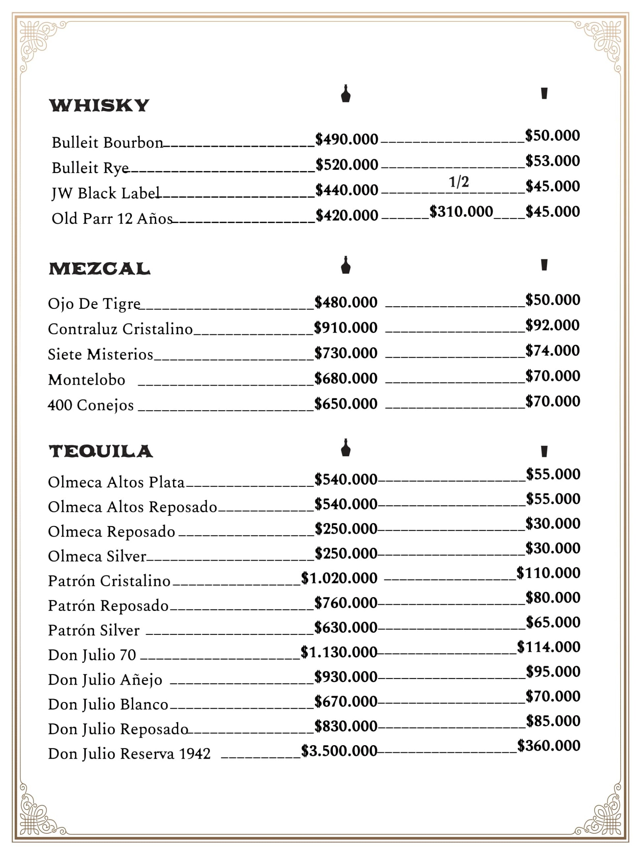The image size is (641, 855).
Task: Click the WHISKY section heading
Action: tap(99, 106)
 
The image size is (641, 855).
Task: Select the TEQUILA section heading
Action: tap(100, 451)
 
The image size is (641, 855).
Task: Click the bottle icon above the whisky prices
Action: tap(346, 94)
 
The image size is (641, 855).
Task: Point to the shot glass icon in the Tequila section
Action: tap(544, 451)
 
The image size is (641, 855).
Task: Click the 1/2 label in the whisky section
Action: tap(459, 182)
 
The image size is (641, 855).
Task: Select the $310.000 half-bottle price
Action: tap(461, 212)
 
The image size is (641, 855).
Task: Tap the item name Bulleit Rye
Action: tap(90, 168)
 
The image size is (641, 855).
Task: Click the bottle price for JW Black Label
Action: tap(347, 190)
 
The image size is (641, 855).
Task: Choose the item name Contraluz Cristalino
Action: tap(120, 329)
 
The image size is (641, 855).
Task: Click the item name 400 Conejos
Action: tap(91, 405)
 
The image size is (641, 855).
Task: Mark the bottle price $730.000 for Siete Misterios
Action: tap(346, 353)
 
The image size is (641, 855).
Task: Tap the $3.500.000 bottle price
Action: tap(339, 751)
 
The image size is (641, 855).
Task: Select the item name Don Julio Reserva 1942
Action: tap(129, 753)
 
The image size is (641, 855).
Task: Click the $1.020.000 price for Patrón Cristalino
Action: tap(339, 578)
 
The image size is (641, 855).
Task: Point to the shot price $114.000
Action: tap(549, 647)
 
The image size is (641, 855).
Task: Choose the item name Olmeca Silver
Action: tap(97, 556)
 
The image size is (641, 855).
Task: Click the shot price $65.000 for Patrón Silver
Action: tap(553, 622)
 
